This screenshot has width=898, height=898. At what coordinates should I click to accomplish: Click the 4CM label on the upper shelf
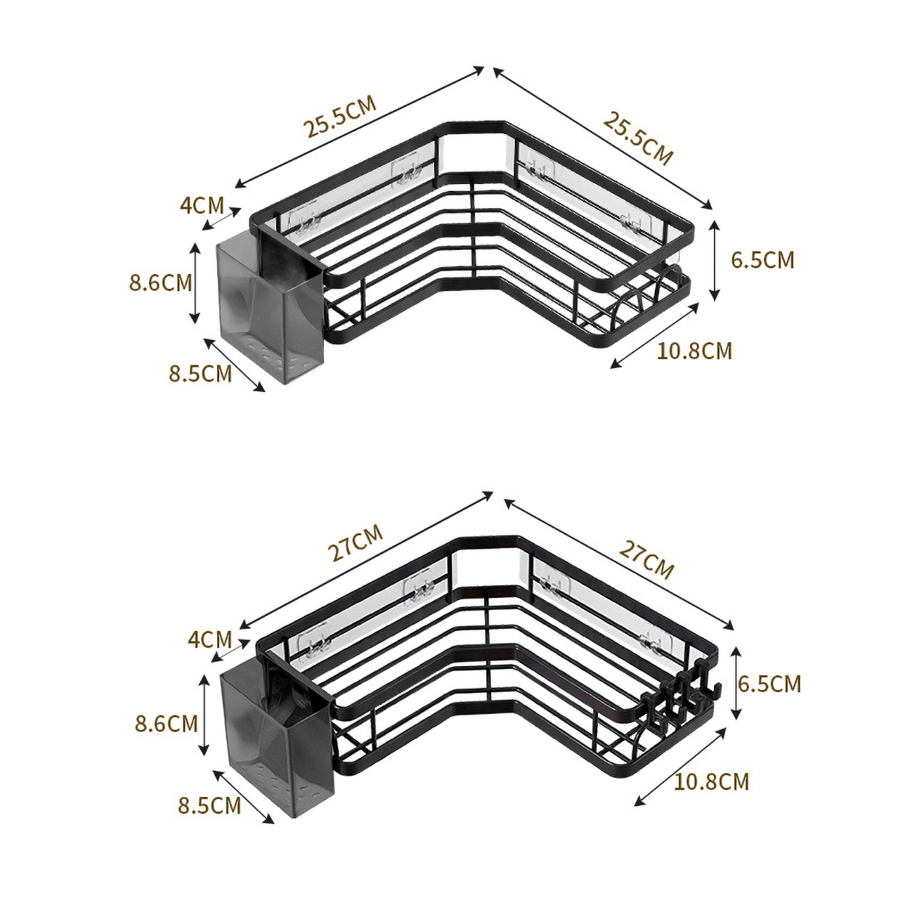(202, 205)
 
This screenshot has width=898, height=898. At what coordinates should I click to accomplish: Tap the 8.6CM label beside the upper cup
(161, 283)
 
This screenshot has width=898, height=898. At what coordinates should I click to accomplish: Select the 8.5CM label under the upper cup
(201, 373)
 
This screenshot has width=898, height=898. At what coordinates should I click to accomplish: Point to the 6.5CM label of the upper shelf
(763, 260)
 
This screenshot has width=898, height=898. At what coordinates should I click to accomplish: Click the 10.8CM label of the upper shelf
(694, 351)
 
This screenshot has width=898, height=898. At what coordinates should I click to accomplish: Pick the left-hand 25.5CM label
(340, 117)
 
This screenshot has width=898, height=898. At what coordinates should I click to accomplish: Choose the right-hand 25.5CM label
(638, 138)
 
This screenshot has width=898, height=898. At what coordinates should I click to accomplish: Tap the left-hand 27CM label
(355, 543)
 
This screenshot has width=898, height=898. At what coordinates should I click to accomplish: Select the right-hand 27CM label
(647, 559)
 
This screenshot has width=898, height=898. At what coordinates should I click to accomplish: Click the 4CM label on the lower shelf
(210, 639)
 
